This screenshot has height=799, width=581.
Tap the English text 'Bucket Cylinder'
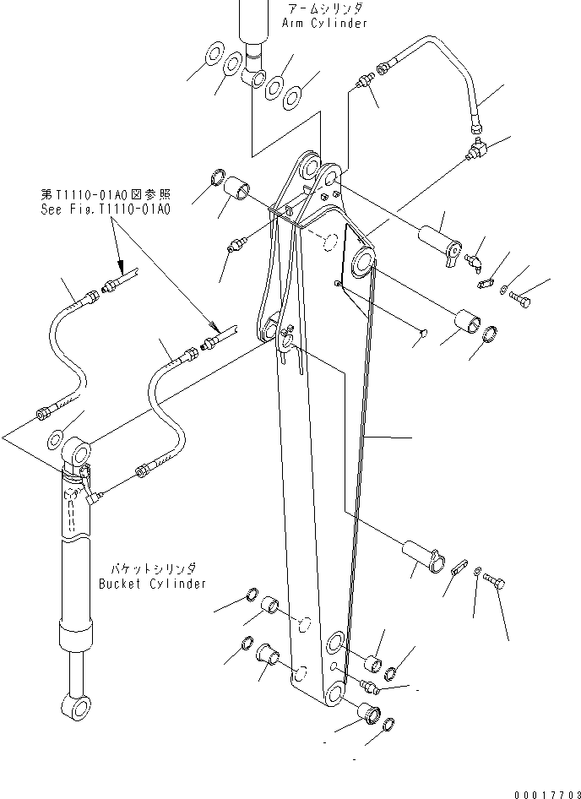(x=152, y=584)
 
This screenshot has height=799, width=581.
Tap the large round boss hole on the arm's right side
(x=364, y=262)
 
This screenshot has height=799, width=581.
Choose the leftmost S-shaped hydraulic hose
(x=63, y=346)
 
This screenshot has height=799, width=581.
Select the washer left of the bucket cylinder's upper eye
(x=54, y=439)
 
